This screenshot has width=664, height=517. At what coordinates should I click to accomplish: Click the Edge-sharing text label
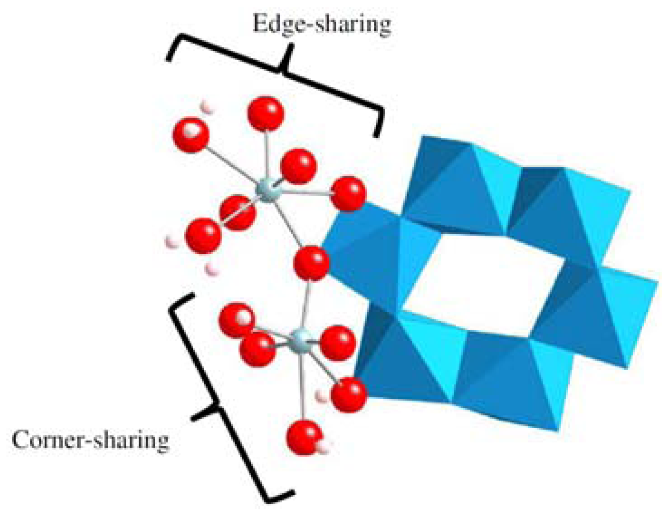pos(321,24)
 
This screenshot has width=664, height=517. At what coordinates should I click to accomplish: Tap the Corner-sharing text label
pos(91,440)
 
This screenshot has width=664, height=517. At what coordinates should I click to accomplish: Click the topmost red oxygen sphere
pos(266,114)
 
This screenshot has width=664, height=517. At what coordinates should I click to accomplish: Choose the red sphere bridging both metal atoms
pos(311,263)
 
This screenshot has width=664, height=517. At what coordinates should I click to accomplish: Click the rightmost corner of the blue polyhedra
pos(657,283)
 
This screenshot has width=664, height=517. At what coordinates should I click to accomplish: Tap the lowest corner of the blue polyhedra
pos(557,430)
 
